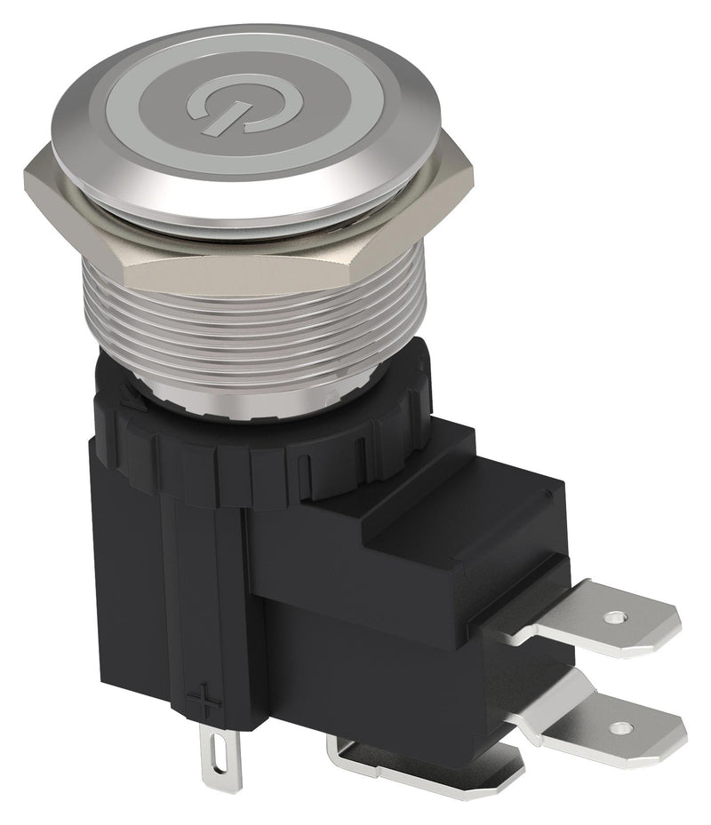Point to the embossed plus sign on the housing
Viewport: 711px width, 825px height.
pyautogui.click(x=208, y=702)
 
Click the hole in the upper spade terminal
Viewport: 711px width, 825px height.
pyautogui.click(x=611, y=615)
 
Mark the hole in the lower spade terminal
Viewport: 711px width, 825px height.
pyautogui.click(x=629, y=728)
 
